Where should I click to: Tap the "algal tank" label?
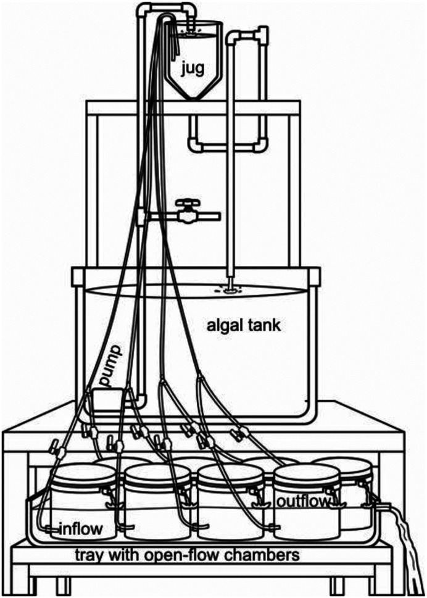243,326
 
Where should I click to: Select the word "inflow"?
81,529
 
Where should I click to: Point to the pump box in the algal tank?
107,400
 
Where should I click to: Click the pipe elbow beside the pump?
141,400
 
